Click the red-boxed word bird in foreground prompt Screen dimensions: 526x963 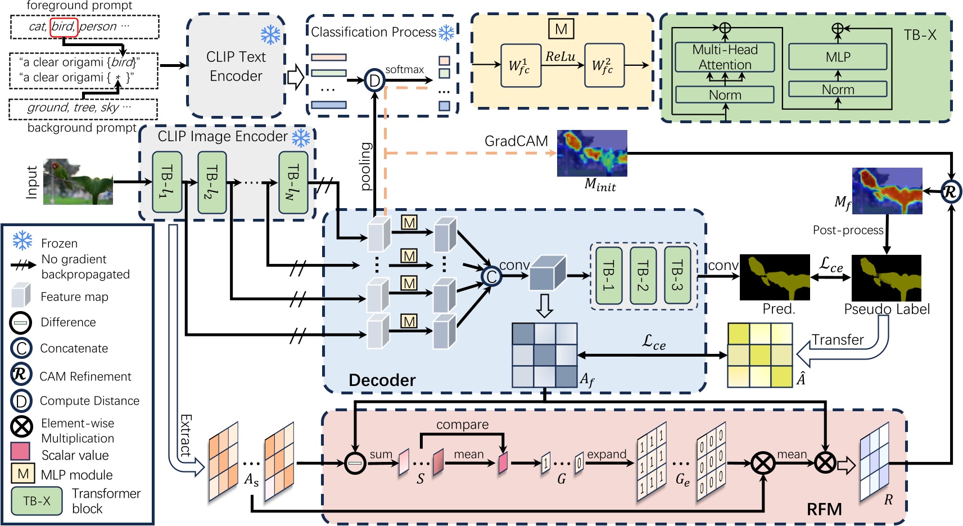click(64, 26)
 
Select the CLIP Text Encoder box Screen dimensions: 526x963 click(236, 66)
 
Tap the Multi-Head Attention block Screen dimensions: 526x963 click(725, 57)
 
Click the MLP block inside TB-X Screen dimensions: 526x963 click(838, 57)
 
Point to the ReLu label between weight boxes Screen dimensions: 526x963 click(560, 56)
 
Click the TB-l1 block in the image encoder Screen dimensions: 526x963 click(167, 182)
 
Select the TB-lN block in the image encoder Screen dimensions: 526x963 click(293, 182)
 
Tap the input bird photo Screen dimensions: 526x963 click(78, 182)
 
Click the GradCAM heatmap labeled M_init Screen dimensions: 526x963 click(592, 153)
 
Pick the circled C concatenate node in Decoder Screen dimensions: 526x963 click(491, 276)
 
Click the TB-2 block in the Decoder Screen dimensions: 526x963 click(643, 276)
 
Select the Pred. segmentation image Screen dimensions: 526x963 click(775, 277)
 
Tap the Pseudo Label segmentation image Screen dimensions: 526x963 click(887, 277)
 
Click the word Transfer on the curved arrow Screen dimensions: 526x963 click(837, 340)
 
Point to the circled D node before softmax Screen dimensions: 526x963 click(374, 81)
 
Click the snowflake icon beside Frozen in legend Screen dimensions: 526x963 click(22, 241)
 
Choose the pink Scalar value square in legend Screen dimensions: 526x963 click(20, 452)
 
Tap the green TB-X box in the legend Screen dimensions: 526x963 click(37, 501)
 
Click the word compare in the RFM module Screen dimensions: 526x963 click(462, 425)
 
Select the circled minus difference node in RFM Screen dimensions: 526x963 click(355, 464)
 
